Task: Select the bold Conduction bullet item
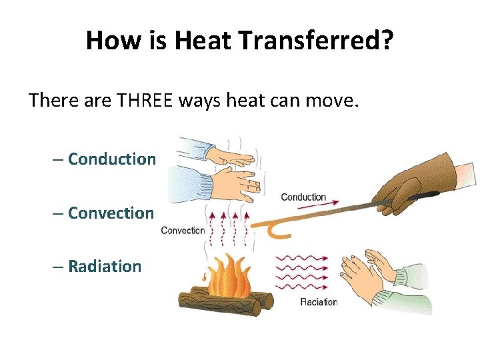112,159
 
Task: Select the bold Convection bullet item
111,213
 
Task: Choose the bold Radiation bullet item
105,266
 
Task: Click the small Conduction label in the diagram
303,197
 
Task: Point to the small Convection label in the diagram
183,231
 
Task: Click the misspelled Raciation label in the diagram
319,302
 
